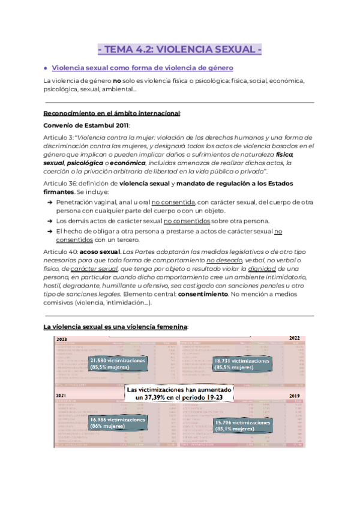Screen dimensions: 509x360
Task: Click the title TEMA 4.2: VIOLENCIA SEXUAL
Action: pyautogui.click(x=180, y=49)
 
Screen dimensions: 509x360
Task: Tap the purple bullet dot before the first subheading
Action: pyautogui.click(x=46, y=68)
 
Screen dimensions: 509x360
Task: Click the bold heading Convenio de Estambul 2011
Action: pyautogui.click(x=86, y=125)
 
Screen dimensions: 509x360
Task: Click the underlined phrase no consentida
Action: pyautogui.click(x=173, y=202)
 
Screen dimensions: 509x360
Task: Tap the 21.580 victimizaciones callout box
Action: pyautogui.click(x=118, y=364)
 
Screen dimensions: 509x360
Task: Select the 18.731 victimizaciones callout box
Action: pyautogui.click(x=241, y=364)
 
